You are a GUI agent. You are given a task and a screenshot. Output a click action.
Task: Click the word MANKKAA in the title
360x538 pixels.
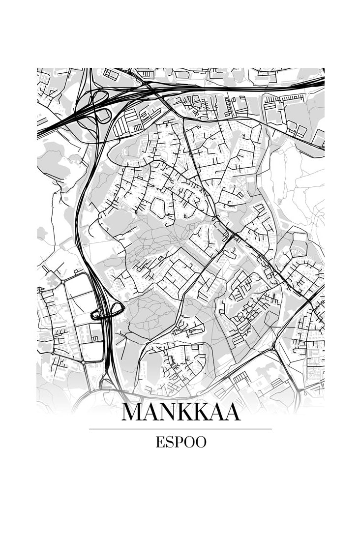tap(180, 412)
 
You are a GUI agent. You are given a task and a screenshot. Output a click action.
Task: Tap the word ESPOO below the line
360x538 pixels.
tap(180, 442)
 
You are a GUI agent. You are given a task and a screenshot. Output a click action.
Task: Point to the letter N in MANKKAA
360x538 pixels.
tap(167, 412)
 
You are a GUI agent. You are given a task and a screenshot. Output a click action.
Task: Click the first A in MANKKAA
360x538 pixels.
tap(150, 412)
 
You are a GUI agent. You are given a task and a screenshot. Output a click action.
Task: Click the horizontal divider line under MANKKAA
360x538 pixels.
tap(180, 429)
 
